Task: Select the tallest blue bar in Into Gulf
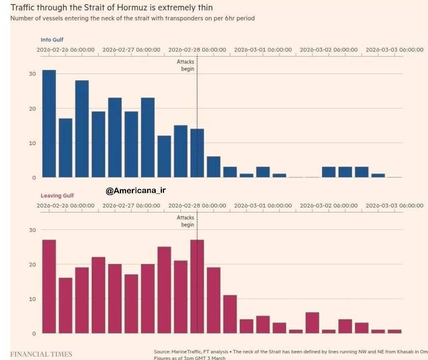[x=49, y=124]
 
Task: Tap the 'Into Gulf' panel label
[x=52, y=40]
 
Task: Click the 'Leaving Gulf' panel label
[x=57, y=195]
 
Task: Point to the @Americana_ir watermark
[x=136, y=191]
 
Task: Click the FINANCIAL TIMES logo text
[x=41, y=354]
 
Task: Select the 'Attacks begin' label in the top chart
[x=185, y=65]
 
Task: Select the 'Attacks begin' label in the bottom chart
[x=185, y=221]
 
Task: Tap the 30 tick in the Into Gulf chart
[x=33, y=74]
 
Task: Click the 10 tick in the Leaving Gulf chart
[x=33, y=299]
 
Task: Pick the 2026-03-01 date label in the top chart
[x=263, y=50]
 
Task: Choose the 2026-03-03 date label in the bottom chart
[x=395, y=205]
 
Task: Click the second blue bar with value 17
[x=65, y=148]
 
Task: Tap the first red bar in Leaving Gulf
[x=49, y=286]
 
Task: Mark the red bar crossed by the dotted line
[x=197, y=286]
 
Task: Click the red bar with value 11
[x=230, y=314]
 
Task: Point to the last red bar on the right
[x=395, y=331]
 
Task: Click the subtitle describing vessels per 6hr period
[x=132, y=19]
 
